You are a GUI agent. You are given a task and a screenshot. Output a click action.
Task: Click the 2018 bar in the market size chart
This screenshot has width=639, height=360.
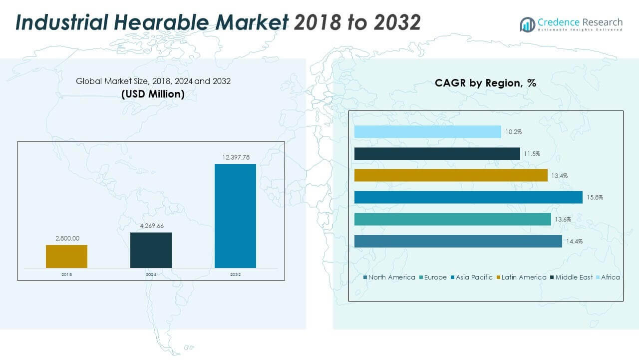66,256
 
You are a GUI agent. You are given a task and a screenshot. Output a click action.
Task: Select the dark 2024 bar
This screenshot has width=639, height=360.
151,250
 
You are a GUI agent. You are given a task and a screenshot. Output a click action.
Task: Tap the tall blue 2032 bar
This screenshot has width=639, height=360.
235,215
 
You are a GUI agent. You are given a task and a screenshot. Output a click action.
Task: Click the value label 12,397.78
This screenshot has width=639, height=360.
235,157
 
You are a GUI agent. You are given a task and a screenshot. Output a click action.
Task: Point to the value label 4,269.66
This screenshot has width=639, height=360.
151,226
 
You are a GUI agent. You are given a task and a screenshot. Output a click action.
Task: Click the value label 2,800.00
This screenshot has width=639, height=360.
66,238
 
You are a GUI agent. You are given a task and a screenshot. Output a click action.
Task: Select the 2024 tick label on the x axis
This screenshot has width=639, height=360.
151,274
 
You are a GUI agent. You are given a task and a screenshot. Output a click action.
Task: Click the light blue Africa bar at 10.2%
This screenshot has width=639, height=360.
427,131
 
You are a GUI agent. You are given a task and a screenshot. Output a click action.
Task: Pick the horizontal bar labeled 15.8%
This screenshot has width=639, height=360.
468,197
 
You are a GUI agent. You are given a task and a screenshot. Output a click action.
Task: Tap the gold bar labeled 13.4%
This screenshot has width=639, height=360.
451,175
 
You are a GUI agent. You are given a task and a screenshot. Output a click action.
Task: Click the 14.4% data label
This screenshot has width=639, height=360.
574,241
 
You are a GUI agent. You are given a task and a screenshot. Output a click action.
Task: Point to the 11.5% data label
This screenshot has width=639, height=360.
532,153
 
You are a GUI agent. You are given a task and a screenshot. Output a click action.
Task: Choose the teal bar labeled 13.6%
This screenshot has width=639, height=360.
452,219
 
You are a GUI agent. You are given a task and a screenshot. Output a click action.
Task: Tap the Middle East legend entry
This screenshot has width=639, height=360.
572,277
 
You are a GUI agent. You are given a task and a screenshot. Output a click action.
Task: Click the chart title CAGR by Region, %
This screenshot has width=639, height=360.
485,83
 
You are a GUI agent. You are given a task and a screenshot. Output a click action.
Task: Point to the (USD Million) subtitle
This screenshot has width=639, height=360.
153,93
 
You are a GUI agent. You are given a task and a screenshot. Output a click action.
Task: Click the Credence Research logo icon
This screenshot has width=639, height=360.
527,24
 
